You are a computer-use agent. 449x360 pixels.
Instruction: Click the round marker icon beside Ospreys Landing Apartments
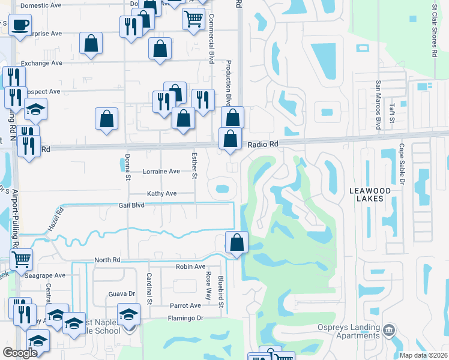click(x=389, y=329)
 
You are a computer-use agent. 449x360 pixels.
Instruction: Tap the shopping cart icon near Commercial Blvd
click(x=193, y=19)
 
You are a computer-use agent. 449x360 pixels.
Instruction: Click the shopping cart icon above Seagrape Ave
click(x=22, y=259)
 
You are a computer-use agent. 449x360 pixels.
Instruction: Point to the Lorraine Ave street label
click(x=161, y=172)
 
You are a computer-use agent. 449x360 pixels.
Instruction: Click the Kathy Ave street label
click(x=162, y=194)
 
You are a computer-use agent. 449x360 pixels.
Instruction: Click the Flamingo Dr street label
click(x=186, y=318)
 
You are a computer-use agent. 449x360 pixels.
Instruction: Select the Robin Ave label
click(x=190, y=266)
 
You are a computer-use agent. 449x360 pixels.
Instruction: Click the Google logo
click(x=20, y=353)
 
